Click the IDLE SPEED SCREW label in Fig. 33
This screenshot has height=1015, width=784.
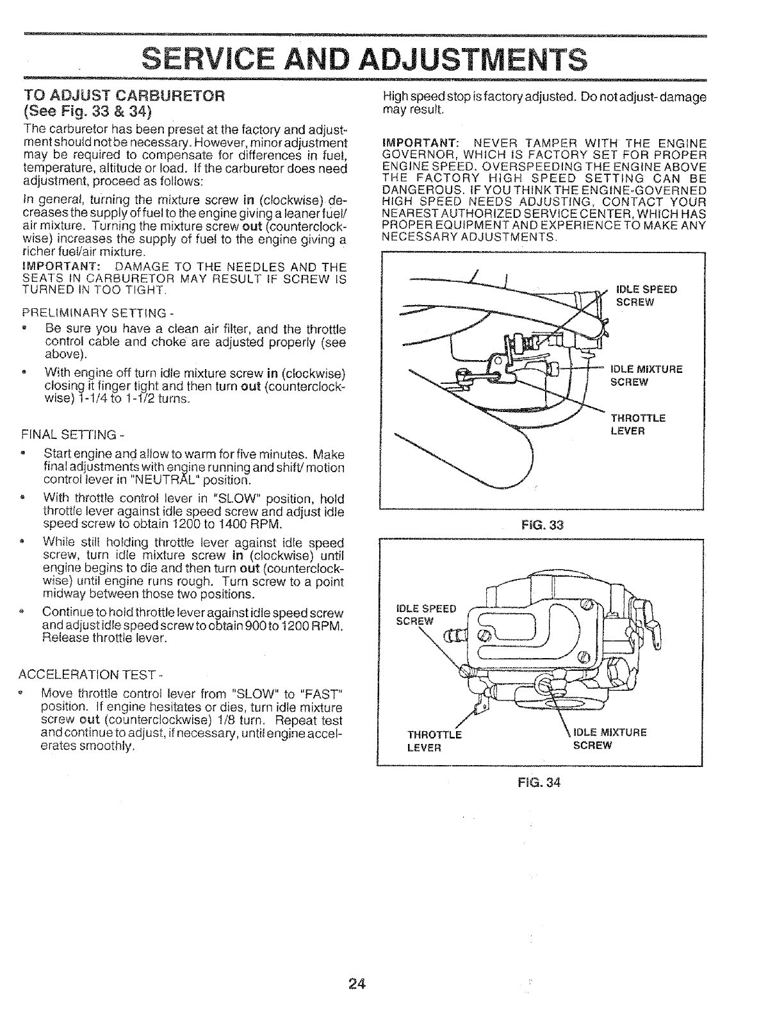click(646, 296)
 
